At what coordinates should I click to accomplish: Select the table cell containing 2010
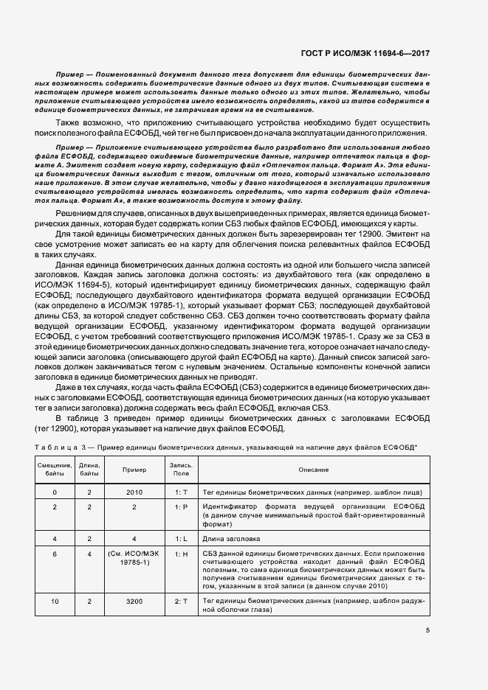134,491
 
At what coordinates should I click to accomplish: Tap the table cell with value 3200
134,602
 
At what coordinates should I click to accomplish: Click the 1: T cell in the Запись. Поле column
182,491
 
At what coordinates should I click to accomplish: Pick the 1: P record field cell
182,507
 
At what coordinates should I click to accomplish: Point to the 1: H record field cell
182,554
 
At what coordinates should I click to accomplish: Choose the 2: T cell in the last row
182,602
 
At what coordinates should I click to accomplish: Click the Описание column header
318,470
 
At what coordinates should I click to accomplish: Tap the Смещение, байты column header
55,470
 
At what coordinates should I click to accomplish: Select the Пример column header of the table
134,470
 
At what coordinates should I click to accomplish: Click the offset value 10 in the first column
55,602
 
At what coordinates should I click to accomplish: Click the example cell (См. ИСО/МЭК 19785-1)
134,558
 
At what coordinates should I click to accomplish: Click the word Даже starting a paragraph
68,387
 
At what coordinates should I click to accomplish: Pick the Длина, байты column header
89,470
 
